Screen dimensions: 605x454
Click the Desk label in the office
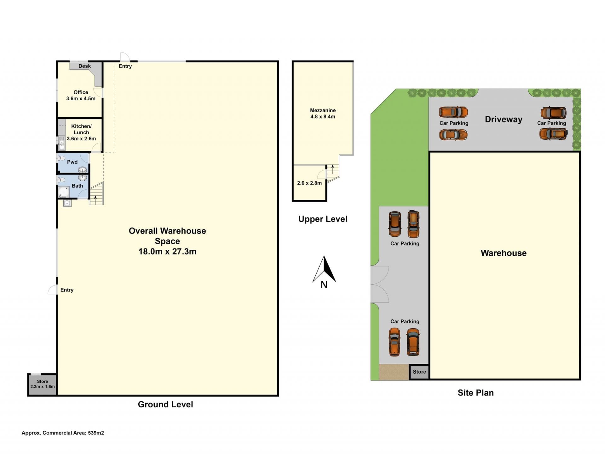click(x=84, y=66)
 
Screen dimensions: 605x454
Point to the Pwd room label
click(x=72, y=162)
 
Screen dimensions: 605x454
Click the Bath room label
click(x=77, y=186)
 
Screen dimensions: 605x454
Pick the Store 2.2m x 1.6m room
click(x=42, y=384)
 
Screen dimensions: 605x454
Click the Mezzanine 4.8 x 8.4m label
click(x=323, y=113)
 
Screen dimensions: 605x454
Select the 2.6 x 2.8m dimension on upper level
click(x=309, y=183)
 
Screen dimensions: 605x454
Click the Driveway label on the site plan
click(x=504, y=119)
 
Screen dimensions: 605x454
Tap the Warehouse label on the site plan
click(x=504, y=253)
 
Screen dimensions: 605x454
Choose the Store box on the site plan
click(x=419, y=372)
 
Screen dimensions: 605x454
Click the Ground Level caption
click(x=165, y=404)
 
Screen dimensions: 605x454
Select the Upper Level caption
click(x=323, y=219)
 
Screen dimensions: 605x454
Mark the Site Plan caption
click(x=475, y=393)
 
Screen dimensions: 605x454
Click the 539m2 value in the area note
click(x=96, y=433)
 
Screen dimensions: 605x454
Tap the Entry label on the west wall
click(x=67, y=290)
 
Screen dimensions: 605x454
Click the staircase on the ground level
click(x=96, y=194)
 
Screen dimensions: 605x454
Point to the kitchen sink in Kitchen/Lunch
click(x=62, y=143)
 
